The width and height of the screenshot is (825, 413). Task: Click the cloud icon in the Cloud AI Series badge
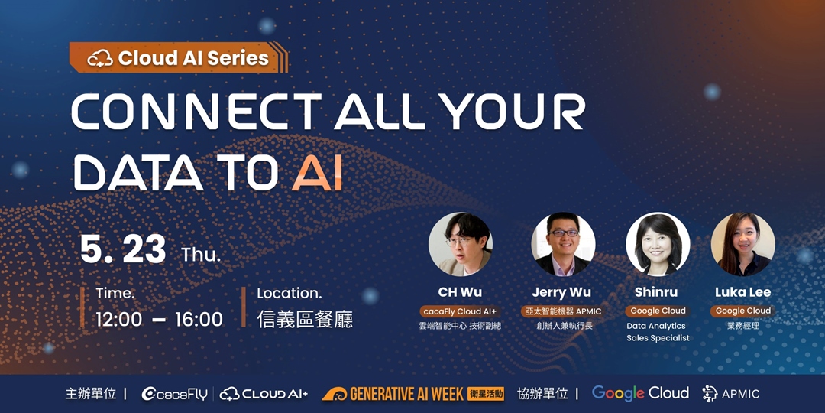101,59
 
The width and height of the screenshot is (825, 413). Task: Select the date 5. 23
123,249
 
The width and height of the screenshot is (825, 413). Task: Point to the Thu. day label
201,255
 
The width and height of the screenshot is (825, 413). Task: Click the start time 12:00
119,319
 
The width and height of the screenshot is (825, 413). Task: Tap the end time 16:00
199,319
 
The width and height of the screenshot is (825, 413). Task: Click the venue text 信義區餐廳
305,319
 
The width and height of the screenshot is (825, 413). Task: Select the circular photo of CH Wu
460,244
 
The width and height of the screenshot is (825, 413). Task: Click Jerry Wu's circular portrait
563,244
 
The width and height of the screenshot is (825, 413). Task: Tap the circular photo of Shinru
658,244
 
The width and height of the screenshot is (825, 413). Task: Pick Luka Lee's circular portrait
742,244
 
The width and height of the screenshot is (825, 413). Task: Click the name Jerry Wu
561,292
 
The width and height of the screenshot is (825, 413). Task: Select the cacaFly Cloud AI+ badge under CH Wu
460,311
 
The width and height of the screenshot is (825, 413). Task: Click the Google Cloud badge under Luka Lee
742,311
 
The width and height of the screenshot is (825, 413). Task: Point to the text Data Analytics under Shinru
656,326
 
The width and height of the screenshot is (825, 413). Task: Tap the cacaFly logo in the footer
175,394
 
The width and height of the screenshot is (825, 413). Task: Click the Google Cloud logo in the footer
640,393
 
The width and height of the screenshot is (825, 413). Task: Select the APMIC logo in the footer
731,394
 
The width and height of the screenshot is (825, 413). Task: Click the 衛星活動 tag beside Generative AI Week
486,394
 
